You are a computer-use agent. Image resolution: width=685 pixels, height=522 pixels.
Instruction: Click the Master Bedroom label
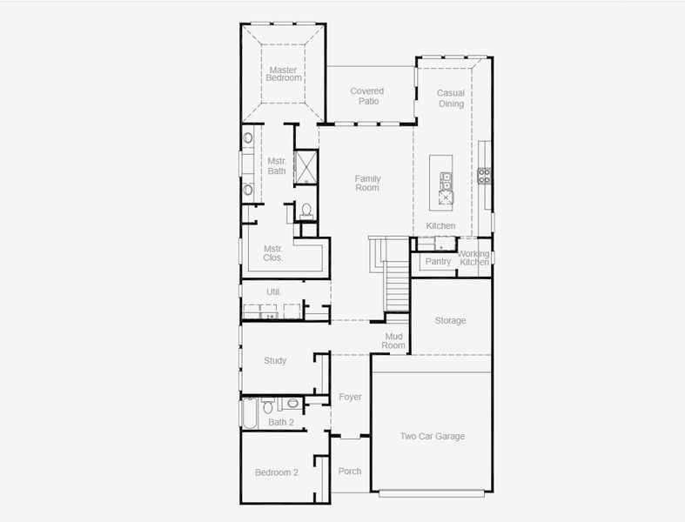284,74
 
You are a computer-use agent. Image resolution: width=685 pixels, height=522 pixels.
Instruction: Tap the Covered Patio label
366,96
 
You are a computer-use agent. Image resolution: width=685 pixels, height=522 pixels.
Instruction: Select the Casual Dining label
451,98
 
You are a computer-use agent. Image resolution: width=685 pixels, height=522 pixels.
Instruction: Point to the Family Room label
367,183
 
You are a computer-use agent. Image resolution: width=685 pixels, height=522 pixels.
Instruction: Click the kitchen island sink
447,181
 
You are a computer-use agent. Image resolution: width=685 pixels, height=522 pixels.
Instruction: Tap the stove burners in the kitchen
484,176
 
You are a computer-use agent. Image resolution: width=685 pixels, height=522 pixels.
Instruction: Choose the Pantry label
438,262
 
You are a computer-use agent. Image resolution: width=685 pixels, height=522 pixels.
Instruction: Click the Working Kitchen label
474,258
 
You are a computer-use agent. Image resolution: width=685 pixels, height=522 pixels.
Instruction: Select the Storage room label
450,321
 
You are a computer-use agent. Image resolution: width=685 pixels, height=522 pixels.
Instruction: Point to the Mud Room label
393,340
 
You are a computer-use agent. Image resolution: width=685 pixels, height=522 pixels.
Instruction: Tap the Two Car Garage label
432,437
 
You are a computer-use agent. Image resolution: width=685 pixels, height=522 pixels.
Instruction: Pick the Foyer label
350,398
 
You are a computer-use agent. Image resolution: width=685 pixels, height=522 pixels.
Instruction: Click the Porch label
349,472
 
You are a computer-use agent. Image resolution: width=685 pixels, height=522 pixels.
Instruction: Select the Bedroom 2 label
276,473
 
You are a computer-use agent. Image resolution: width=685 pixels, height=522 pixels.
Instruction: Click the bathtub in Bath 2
249,413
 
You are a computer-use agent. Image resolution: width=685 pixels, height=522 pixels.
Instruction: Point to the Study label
275,361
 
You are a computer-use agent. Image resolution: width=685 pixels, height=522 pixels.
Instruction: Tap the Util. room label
273,291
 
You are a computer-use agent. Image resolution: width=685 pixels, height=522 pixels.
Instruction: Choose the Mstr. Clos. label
273,253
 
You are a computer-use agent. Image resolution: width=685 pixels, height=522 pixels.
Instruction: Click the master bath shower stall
306,165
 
